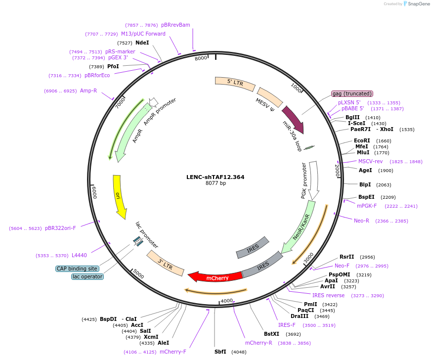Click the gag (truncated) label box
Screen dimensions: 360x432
[x=352, y=93]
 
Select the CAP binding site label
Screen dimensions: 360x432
[x=77, y=269]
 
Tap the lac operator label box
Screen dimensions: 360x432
[x=87, y=276]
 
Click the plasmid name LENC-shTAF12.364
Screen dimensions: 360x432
[x=216, y=177]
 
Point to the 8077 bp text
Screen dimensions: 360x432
[x=216, y=183]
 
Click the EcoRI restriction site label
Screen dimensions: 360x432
[x=362, y=140]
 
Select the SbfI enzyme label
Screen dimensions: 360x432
[x=220, y=352]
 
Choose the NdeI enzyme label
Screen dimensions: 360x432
[x=142, y=43]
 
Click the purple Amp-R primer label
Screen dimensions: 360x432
[x=88, y=91]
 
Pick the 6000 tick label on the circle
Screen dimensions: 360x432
[x=95, y=192]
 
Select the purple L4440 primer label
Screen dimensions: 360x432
[x=79, y=255]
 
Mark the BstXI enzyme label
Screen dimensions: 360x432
[x=271, y=334]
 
